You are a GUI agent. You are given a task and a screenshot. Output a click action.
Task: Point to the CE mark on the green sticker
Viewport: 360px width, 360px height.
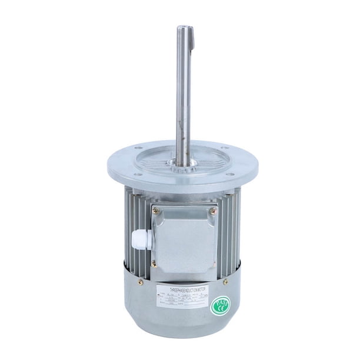coord(222,302)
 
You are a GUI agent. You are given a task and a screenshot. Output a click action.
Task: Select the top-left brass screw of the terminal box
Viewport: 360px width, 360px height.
coord(156,210)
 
